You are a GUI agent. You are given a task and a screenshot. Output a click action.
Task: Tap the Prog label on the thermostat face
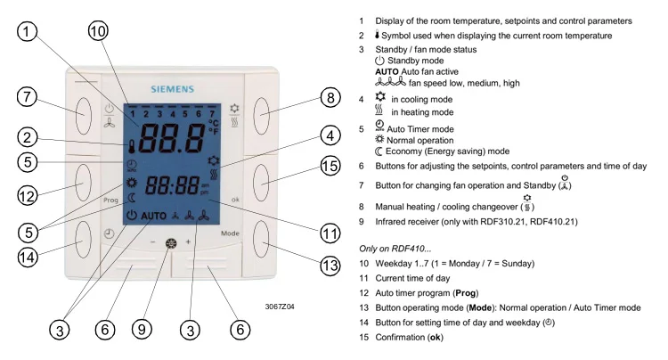coord(110,200)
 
